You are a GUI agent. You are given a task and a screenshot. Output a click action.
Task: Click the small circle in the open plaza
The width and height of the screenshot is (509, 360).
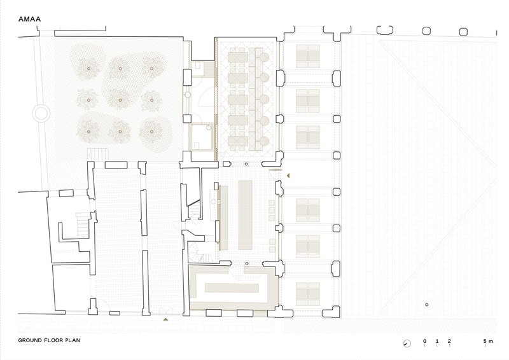(426, 305)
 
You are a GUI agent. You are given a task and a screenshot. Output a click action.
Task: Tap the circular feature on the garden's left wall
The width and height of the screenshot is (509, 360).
(41, 114)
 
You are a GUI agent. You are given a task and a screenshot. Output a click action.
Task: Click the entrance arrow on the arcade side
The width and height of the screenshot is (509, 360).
(288, 175)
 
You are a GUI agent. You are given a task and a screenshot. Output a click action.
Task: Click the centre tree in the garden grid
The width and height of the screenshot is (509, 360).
(119, 97)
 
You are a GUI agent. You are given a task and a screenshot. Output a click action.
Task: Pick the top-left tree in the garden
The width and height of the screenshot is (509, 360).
(87, 66)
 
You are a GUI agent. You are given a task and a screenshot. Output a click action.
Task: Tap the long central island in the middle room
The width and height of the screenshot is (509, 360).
(246, 214)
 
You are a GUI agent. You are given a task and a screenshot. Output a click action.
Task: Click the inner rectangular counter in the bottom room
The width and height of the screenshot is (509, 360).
(232, 287)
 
